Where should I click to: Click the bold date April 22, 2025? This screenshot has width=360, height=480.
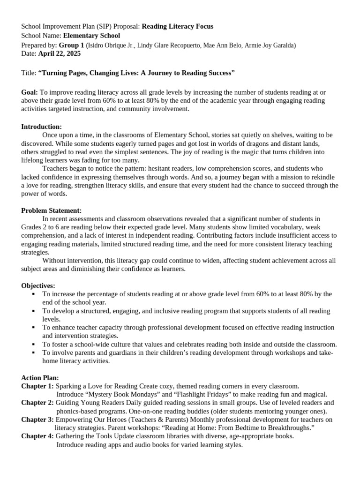(60, 54)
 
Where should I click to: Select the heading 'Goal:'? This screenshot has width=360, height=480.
(30, 92)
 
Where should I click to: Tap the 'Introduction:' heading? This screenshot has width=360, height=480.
(41, 127)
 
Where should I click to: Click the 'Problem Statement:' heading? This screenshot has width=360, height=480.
(51, 210)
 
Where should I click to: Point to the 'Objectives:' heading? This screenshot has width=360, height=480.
(38, 285)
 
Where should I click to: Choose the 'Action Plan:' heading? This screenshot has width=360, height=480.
(40, 377)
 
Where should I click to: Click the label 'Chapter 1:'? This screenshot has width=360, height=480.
(37, 386)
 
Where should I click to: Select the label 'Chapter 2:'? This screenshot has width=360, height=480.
(37, 403)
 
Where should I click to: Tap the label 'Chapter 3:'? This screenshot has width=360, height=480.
(37, 420)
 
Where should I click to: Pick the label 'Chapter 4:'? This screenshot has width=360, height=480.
(37, 436)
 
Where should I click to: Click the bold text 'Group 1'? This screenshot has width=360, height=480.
(72, 45)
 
